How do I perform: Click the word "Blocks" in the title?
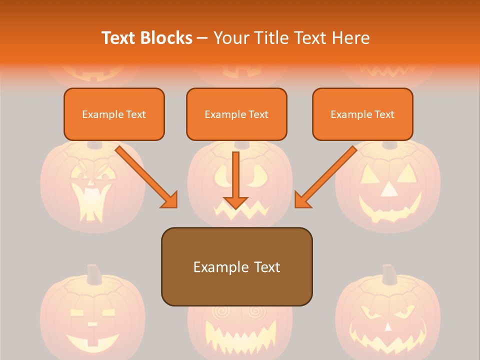[x=167, y=38]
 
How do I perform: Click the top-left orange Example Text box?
[x=114, y=114]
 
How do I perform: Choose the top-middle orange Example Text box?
[x=236, y=114]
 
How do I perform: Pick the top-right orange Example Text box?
[x=362, y=114]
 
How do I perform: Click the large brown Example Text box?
[x=236, y=266]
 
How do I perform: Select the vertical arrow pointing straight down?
[x=235, y=180]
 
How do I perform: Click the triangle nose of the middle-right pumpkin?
[x=388, y=190]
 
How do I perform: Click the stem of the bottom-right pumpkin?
[x=389, y=274]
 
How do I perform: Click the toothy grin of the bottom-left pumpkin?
[x=92, y=342]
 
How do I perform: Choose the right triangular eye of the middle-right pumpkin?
[x=407, y=173]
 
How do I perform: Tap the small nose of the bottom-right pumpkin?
[x=388, y=327]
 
